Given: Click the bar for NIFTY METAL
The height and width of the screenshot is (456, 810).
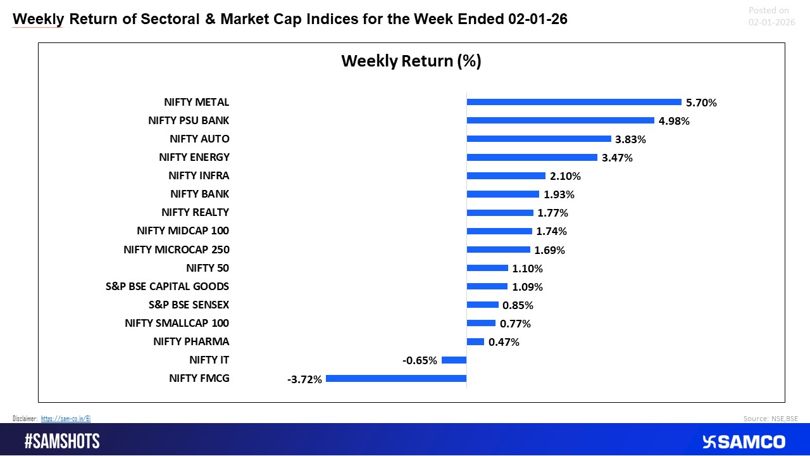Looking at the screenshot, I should tap(573, 102).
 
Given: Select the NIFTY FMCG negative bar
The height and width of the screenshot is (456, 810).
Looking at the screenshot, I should tap(396, 379).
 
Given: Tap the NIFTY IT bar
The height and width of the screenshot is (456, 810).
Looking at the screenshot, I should tap(454, 360).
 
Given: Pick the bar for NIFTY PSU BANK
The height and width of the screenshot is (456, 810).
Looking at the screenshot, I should tap(560, 120).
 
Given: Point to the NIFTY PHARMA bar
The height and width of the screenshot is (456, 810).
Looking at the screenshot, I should tap(475, 342).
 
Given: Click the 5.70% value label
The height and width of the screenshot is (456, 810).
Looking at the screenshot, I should tap(701, 103).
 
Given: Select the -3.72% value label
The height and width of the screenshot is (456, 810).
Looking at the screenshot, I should tap(306, 379).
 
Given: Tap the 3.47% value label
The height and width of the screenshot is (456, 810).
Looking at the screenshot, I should tap(617, 158).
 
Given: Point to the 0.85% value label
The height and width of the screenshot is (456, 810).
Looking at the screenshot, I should tap(518, 305).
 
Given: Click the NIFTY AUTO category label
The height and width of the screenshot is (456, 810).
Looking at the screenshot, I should tap(199, 139).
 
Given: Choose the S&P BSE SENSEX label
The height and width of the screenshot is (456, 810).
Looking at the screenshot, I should tap(189, 305).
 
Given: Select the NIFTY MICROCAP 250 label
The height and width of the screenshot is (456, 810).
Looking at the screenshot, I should tap(177, 250).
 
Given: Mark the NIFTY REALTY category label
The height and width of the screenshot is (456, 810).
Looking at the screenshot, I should tap(195, 212).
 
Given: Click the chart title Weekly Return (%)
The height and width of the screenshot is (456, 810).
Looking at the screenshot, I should tap(411, 61).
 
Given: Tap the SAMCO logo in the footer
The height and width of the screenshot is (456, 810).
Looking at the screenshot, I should tap(744, 441).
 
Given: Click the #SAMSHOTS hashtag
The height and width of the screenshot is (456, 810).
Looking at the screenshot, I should tap(62, 441).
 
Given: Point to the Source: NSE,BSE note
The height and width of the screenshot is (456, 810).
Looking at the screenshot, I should tap(771, 419).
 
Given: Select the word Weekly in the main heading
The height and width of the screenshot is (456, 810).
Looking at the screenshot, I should tap(38, 20).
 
